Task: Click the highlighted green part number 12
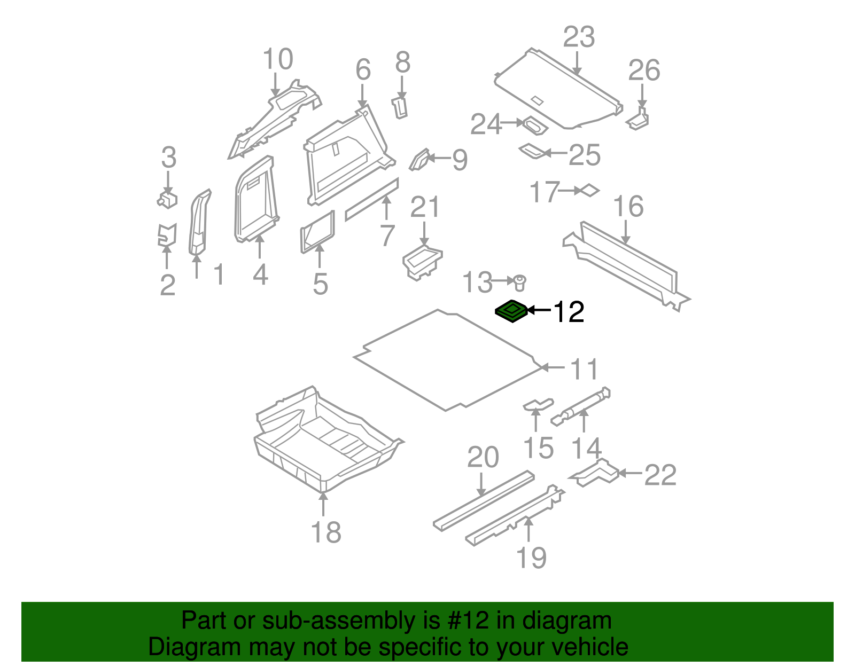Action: [511, 311]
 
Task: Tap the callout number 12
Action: [569, 312]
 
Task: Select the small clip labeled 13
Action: [520, 283]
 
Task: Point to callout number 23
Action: [578, 37]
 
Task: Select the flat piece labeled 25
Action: [532, 151]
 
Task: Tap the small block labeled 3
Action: [167, 199]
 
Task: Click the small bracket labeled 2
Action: [167, 234]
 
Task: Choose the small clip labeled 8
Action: [399, 108]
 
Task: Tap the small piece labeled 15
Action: [538, 405]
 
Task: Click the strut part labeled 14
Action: [581, 406]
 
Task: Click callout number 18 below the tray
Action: [326, 532]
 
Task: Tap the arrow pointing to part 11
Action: [553, 367]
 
